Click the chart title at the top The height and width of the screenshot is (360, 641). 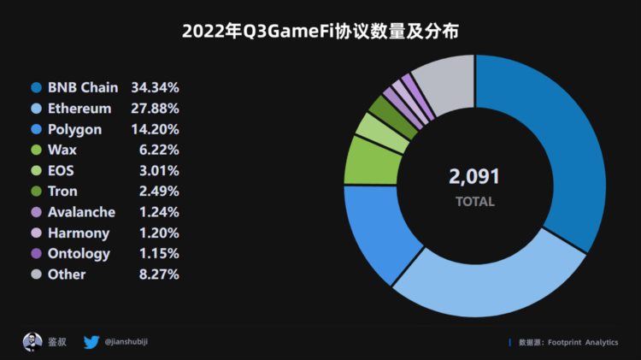[x=320, y=32]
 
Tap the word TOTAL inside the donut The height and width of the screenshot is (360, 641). [x=474, y=203]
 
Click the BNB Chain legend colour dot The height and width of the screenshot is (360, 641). [x=36, y=88]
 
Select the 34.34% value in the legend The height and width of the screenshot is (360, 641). [x=155, y=88]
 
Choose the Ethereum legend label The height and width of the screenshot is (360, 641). [x=79, y=109]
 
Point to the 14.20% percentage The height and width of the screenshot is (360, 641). [x=155, y=129]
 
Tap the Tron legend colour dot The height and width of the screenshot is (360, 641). [x=36, y=192]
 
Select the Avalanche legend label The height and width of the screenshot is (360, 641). [x=82, y=212]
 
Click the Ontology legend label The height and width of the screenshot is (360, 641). [x=79, y=254]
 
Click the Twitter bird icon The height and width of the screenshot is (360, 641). [x=91, y=342]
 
